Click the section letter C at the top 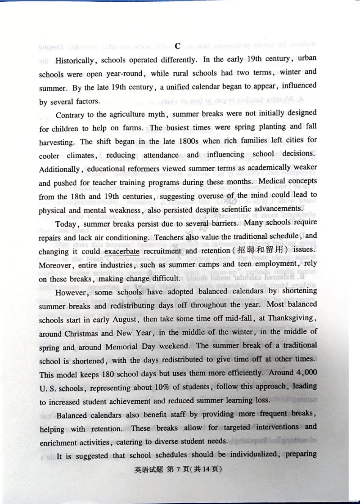177,46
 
